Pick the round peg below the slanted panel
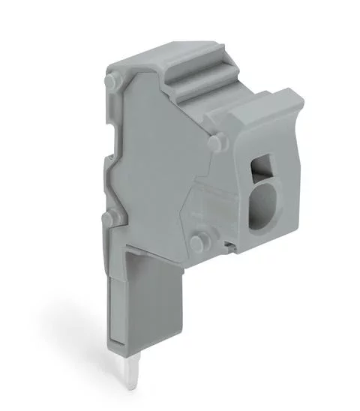[x=198, y=242]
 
